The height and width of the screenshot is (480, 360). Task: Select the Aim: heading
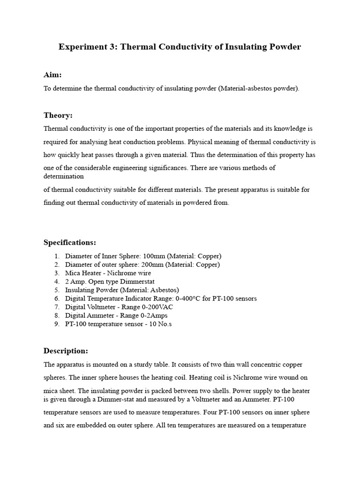click(52, 75)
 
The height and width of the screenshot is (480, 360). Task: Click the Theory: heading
click(58, 115)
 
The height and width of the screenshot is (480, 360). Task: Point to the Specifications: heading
click(70, 242)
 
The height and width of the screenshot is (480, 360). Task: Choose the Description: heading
click(66, 351)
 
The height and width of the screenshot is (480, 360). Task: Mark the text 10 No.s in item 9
click(159, 324)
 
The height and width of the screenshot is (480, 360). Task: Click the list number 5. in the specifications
click(57, 290)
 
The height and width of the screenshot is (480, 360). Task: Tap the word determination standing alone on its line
click(64, 177)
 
